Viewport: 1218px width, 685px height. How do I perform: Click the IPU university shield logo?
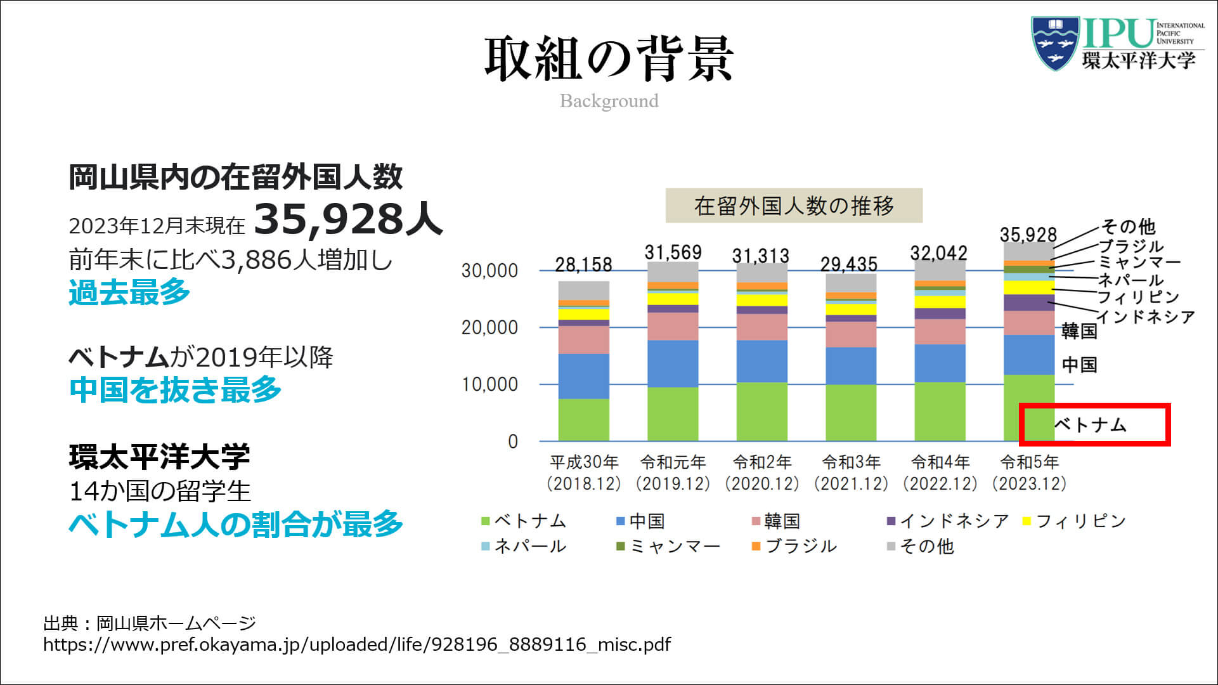[1054, 42]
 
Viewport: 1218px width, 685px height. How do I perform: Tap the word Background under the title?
[609, 101]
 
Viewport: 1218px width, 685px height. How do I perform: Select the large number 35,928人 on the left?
[347, 219]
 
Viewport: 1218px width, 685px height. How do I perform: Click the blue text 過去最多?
[129, 292]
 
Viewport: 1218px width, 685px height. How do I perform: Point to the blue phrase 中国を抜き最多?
[175, 389]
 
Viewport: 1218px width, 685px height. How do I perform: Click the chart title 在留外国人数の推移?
[794, 205]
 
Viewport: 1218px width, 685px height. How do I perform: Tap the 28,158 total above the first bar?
[583, 264]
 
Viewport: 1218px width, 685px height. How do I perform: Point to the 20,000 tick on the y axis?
[489, 328]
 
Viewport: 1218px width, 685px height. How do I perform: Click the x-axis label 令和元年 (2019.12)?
[673, 473]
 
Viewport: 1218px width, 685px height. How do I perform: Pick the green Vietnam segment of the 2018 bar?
[583, 419]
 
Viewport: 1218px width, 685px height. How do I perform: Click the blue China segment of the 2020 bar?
[761, 361]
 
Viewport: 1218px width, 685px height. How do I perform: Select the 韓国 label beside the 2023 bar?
[1079, 330]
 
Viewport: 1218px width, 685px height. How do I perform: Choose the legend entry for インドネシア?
[947, 521]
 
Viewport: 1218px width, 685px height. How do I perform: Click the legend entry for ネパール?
[524, 546]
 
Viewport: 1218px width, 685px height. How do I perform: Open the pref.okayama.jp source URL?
[357, 645]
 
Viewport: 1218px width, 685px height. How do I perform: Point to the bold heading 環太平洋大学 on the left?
[159, 457]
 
